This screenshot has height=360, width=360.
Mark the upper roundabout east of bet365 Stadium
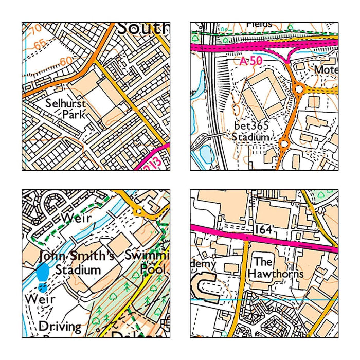point(298,91)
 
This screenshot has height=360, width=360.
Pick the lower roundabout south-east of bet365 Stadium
point(283,143)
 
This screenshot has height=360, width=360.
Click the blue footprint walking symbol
point(44,273)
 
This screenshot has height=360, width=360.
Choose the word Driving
point(60,326)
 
